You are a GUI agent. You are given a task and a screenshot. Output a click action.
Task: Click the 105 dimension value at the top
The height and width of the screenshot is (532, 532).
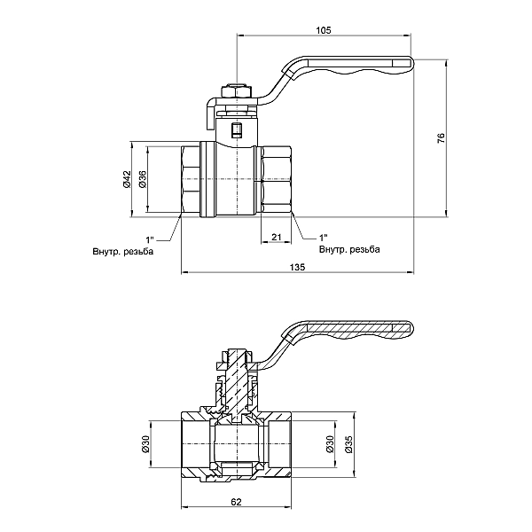click(324, 30)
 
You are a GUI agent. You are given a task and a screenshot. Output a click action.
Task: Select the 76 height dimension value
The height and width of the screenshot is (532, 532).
click(441, 137)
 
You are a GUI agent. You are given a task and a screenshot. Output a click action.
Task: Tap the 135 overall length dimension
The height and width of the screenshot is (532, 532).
click(297, 267)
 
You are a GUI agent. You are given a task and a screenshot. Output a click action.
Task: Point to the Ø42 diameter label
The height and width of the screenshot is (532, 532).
click(127, 179)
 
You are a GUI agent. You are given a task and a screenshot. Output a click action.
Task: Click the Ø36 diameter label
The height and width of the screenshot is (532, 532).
click(143, 179)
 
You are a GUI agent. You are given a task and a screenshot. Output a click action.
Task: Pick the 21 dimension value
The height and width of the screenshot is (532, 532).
click(277, 237)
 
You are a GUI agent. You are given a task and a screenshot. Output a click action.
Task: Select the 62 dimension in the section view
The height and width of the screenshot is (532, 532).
click(236, 502)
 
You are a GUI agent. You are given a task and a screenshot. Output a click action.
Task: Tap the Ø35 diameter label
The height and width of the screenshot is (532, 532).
click(348, 444)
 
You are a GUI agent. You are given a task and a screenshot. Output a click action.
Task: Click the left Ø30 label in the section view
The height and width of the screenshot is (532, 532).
click(145, 444)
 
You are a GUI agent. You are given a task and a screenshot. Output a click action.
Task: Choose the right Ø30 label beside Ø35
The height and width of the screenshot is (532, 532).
click(330, 444)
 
